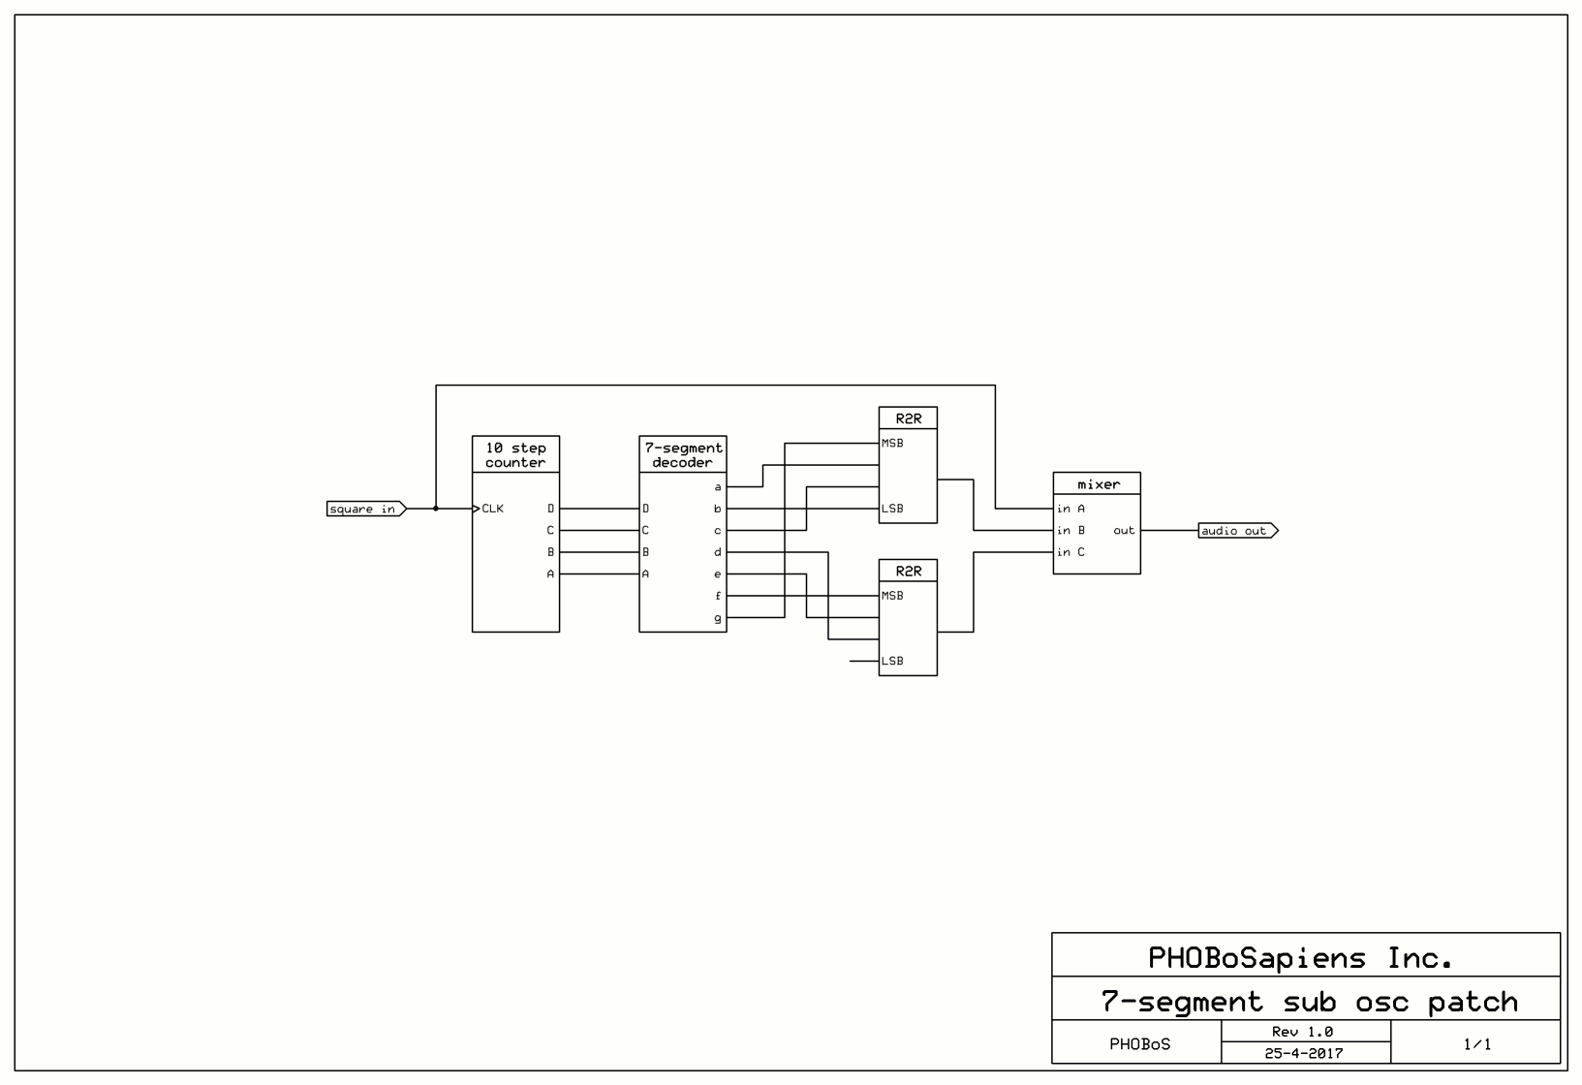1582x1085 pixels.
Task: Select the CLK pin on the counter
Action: coord(492,509)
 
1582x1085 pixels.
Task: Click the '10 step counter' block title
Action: coord(515,455)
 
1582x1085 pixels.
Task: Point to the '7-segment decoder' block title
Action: coord(683,455)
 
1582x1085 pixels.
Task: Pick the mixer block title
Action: coord(1098,484)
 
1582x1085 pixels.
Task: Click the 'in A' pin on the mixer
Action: coord(1070,509)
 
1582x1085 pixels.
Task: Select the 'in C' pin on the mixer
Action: coord(1070,552)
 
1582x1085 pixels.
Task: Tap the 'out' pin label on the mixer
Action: coord(1124,531)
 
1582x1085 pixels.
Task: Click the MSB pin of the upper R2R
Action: coord(892,444)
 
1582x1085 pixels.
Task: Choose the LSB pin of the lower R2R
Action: coord(892,662)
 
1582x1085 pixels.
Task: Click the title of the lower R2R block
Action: coord(908,572)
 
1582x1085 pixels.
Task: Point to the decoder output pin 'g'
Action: coord(718,618)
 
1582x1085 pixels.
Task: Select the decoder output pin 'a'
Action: coord(718,487)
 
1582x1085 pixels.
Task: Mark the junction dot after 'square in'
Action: coord(436,509)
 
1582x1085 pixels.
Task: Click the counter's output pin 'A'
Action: coord(550,574)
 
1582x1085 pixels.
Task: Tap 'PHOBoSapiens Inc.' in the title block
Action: coord(1301,958)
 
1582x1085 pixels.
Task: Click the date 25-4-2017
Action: coord(1303,1053)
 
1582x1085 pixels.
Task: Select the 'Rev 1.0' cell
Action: coord(1303,1032)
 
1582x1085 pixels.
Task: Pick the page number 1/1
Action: coord(1476,1044)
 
